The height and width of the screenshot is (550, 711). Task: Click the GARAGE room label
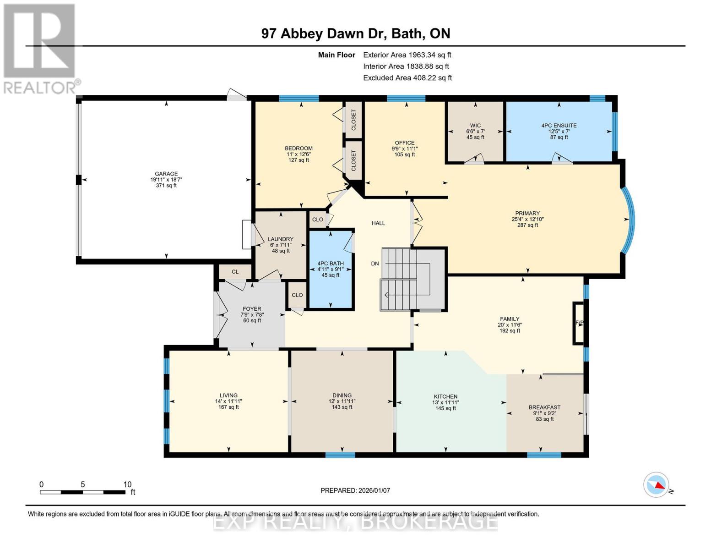166,174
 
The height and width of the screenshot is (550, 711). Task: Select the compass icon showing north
656,484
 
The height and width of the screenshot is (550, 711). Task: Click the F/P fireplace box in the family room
579,323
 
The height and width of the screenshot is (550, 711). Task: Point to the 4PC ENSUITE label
559,126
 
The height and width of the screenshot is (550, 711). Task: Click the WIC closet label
475,126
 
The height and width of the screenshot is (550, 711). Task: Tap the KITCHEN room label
445,396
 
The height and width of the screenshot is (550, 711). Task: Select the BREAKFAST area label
544,407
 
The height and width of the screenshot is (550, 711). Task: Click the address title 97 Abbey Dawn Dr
355,33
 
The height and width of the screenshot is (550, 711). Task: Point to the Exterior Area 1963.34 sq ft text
407,55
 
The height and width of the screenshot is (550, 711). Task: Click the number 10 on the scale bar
127,484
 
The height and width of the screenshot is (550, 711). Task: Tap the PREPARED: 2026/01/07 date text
355,490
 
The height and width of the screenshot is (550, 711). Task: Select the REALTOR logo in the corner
40,48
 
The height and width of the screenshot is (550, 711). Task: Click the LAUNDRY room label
280,239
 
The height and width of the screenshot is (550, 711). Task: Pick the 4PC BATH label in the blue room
331,264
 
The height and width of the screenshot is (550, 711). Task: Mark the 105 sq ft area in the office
405,155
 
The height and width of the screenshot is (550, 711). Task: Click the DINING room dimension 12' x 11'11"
342,401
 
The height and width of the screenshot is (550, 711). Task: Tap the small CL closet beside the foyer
235,272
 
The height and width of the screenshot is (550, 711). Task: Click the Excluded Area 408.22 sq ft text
407,78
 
